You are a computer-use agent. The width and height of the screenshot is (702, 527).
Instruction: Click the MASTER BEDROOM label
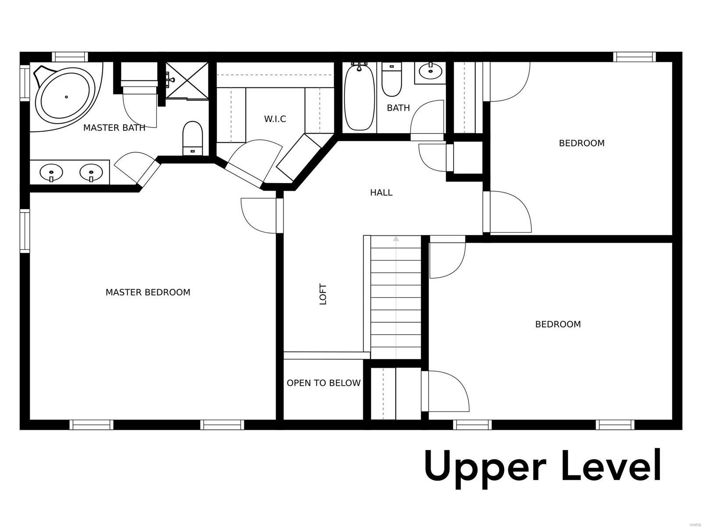[148, 292]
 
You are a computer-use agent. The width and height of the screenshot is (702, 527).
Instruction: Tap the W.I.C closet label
[275, 119]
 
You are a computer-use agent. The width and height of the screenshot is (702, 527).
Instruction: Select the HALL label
[381, 192]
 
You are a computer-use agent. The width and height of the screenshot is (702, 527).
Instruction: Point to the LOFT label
[323, 294]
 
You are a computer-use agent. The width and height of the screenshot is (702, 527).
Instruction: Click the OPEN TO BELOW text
[324, 383]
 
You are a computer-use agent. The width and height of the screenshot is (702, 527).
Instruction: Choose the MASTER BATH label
[114, 128]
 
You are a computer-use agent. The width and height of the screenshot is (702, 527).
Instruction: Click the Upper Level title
[543, 469]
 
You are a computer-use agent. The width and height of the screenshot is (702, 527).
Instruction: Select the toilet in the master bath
[193, 138]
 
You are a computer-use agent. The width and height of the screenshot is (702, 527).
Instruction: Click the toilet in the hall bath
[392, 79]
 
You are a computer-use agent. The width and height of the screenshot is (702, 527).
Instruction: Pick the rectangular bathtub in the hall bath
[359, 97]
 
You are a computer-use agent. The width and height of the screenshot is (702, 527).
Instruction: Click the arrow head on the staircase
[396, 238]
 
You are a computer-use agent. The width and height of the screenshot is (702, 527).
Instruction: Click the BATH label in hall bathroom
[398, 108]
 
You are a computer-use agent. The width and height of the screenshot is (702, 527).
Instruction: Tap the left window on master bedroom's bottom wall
[91, 425]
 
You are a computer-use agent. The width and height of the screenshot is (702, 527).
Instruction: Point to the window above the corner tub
[70, 57]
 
